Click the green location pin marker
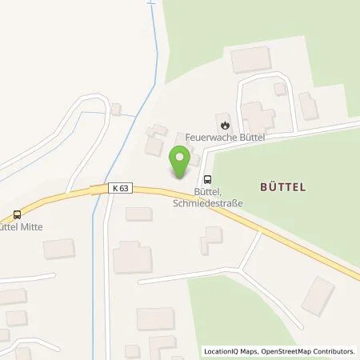[181, 162]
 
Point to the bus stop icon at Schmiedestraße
[208, 179]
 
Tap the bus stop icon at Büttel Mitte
[17, 214]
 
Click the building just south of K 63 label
[138, 214]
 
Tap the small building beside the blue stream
[117, 108]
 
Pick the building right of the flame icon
[256, 118]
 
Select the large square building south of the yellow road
[132, 258]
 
